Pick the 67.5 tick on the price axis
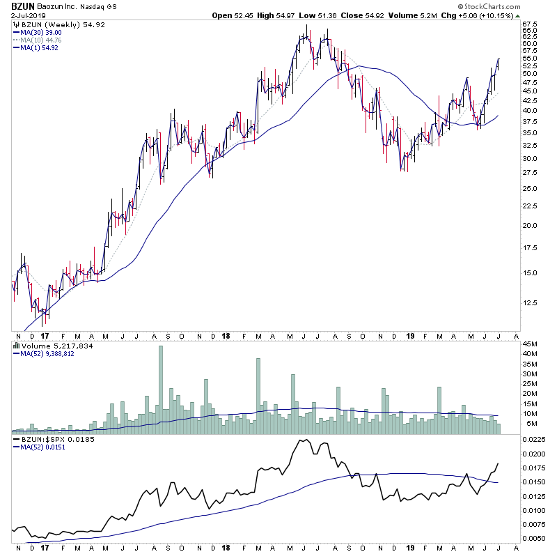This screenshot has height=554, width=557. [x=533, y=24]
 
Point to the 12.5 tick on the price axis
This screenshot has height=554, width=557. [x=533, y=302]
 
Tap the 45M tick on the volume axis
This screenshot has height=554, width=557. [x=532, y=344]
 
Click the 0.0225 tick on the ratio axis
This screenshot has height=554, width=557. [x=535, y=440]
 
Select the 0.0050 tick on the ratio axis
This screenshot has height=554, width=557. [x=535, y=538]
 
